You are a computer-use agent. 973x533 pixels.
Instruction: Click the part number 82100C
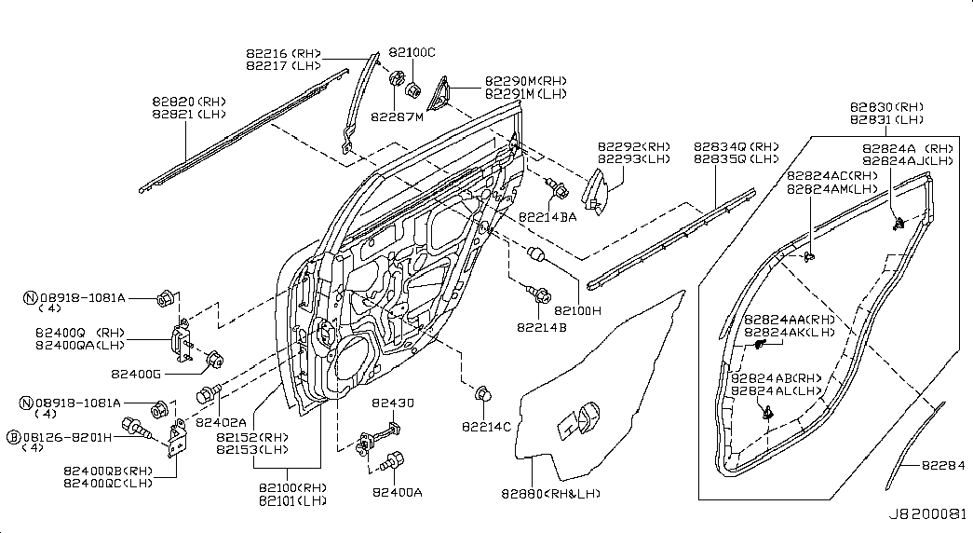[412, 53]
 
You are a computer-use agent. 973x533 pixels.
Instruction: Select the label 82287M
[397, 117]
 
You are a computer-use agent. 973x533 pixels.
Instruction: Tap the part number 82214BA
[547, 216]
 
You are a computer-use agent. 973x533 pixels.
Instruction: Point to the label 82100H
[579, 310]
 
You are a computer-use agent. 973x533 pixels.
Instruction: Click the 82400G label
[136, 374]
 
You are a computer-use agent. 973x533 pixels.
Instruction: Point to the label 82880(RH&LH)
[550, 493]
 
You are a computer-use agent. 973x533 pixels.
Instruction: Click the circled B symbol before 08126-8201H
[14, 436]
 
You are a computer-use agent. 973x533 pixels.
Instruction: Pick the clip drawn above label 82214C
[483, 395]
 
